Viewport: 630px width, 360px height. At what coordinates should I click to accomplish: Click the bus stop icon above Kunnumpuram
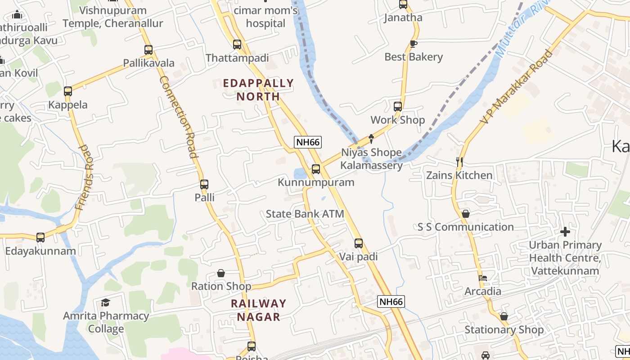coord(316,169)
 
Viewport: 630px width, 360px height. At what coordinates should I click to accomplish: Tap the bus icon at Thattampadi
coord(237,45)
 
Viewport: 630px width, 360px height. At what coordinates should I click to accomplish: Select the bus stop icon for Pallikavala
coord(148,49)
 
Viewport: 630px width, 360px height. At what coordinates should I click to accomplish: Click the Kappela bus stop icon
coord(68,91)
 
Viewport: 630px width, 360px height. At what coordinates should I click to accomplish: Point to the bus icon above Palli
coord(204,184)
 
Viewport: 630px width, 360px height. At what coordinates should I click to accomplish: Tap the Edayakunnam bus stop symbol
coord(40,237)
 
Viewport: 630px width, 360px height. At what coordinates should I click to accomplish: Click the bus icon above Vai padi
coord(359,243)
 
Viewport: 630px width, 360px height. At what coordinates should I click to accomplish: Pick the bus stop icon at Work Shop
coord(398,107)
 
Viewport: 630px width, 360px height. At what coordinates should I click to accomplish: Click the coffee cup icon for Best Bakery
coord(414,44)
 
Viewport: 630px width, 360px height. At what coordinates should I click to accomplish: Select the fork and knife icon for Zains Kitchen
coord(459,162)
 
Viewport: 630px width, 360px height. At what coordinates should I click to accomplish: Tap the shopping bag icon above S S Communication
coord(466,214)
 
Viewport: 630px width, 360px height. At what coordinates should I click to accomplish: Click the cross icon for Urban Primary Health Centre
coord(565,232)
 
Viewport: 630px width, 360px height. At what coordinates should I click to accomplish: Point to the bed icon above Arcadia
coord(483,278)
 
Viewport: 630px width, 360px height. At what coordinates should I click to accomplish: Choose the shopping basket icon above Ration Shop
coord(221,273)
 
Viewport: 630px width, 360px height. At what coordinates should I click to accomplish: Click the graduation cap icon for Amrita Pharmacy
coord(106,302)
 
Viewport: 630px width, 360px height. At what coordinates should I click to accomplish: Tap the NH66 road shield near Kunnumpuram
coord(308,142)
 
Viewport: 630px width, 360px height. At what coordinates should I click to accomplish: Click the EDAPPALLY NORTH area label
coord(258,90)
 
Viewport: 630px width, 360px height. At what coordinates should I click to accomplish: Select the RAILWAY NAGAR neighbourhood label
coord(259,310)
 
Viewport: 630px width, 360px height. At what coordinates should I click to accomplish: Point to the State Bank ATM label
coord(305,214)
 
